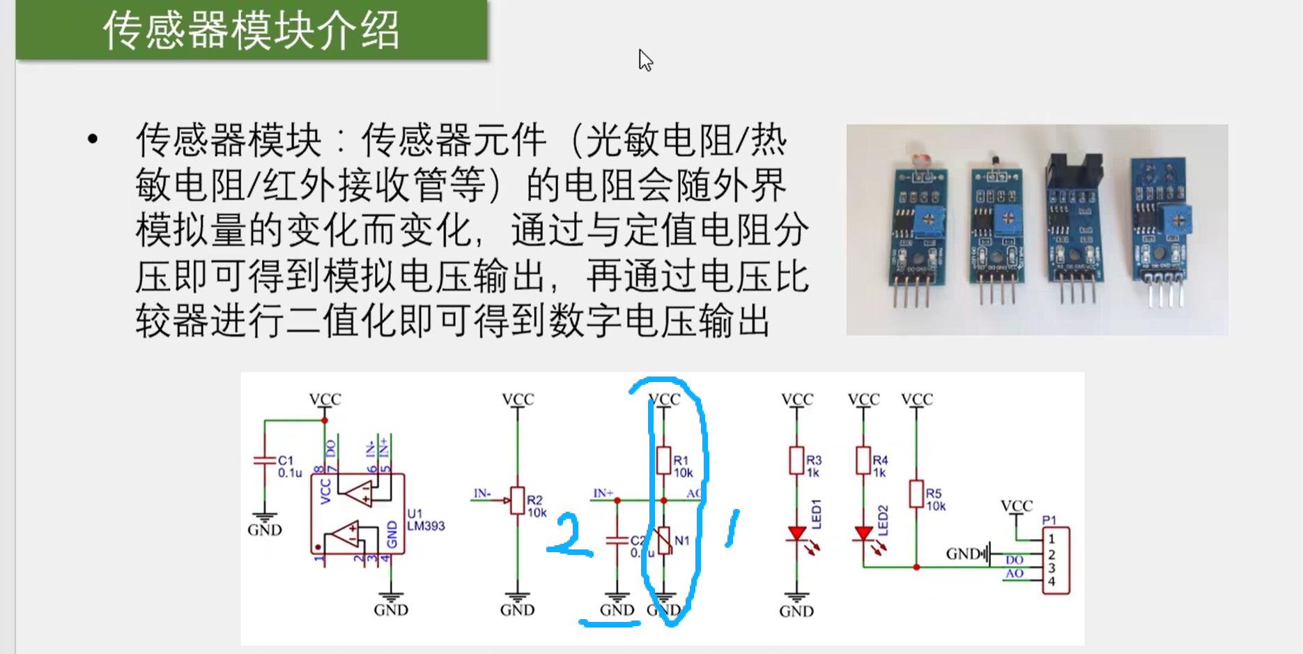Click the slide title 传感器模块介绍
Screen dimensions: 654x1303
(x=251, y=31)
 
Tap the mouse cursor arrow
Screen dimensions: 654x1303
(x=645, y=60)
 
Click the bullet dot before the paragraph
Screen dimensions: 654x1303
(x=93, y=139)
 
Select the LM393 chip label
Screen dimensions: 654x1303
(x=425, y=526)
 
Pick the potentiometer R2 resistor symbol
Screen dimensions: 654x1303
(x=517, y=500)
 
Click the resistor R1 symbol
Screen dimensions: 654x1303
(x=663, y=460)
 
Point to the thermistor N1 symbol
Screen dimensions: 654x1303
(x=664, y=541)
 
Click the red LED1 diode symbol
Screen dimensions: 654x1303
(x=796, y=534)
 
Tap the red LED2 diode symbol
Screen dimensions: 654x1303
(x=863, y=534)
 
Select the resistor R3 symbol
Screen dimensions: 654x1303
(x=796, y=460)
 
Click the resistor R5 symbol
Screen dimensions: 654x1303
(x=916, y=493)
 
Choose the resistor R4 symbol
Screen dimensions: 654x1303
(x=863, y=460)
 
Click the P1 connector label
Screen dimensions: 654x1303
(x=1049, y=520)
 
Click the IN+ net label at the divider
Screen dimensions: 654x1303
(x=603, y=494)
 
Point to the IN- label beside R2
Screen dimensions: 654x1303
(x=482, y=494)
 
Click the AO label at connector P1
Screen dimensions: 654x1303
(x=1014, y=573)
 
